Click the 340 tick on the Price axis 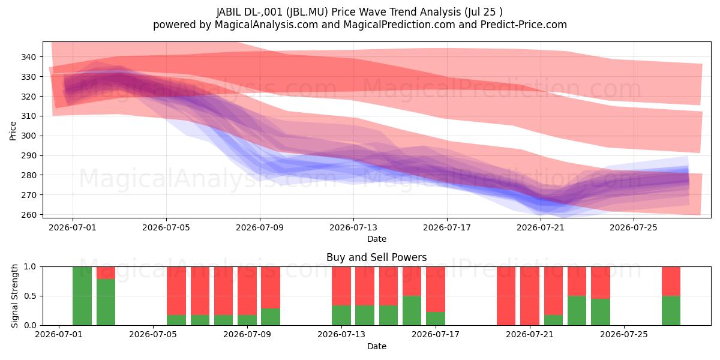click(x=28, y=57)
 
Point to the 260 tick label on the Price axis click(x=28, y=215)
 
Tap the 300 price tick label click(x=28, y=136)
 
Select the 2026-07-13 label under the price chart click(x=353, y=227)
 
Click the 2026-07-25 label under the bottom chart click(x=624, y=334)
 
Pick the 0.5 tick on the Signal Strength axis click(x=30, y=296)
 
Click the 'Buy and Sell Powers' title click(x=376, y=257)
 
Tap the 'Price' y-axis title click(x=13, y=131)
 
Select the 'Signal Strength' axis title click(x=14, y=296)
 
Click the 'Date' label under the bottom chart click(x=377, y=346)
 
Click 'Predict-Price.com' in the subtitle click(x=524, y=25)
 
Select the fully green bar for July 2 click(x=82, y=296)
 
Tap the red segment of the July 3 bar click(x=106, y=273)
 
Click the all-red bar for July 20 click(x=506, y=296)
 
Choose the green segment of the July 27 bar click(x=671, y=311)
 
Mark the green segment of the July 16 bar click(x=412, y=311)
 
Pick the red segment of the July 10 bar click(x=271, y=287)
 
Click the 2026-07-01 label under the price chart click(x=73, y=227)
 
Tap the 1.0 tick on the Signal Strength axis click(x=30, y=267)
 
